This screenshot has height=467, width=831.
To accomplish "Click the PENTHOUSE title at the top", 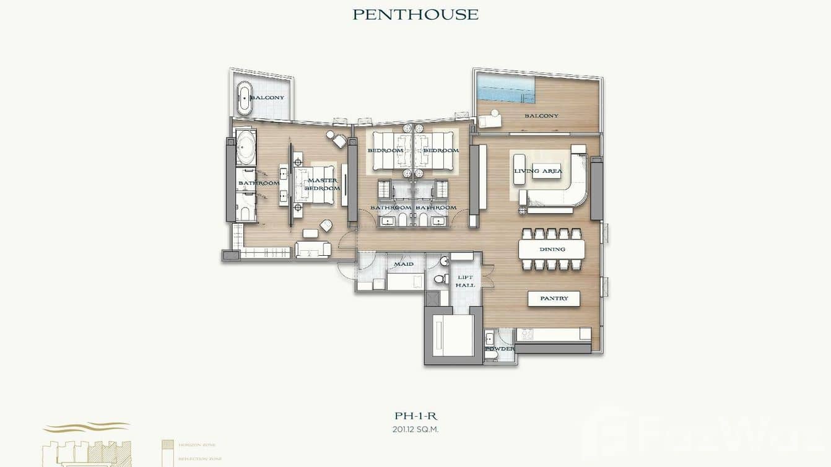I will pos(415,14).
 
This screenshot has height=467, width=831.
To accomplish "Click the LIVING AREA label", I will pos(538,171).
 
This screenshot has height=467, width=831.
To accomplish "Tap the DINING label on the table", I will pos(552,250).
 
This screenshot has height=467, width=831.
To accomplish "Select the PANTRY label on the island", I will pos(554,299).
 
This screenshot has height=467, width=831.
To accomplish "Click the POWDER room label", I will pos(499,349).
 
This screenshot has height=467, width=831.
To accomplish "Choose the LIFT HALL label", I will pos(465,281).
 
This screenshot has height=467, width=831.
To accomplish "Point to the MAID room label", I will pos(404,264).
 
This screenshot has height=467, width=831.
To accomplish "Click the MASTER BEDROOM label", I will pos(322,184).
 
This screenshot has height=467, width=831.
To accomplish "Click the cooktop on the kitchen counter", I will pos(526,334).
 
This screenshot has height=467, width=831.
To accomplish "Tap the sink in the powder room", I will pos(489,338).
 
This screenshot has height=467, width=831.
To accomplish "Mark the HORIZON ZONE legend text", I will pos(197,445).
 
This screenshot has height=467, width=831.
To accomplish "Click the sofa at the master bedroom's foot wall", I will pos(308,249).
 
